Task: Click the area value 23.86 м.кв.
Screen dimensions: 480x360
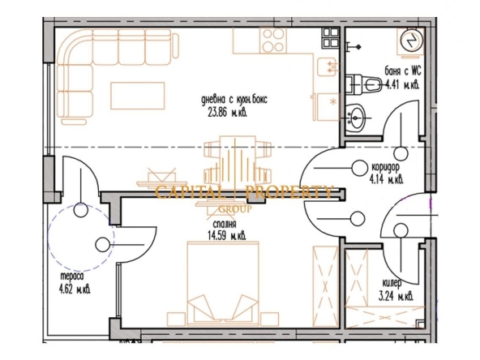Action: click(x=228, y=113)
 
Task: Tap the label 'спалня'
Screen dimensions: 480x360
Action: click(x=225, y=224)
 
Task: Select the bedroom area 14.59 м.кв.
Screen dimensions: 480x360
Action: click(x=226, y=236)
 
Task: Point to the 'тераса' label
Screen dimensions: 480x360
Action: click(x=72, y=276)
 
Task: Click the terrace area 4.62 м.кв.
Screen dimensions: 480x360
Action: click(x=75, y=289)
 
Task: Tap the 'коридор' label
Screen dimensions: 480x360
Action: click(x=385, y=167)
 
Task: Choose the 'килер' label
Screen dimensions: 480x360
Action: click(x=392, y=283)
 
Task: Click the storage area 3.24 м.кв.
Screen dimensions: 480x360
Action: click(x=396, y=296)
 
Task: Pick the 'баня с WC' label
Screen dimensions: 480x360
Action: click(x=403, y=71)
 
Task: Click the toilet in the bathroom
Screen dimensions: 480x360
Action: click(x=364, y=84)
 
